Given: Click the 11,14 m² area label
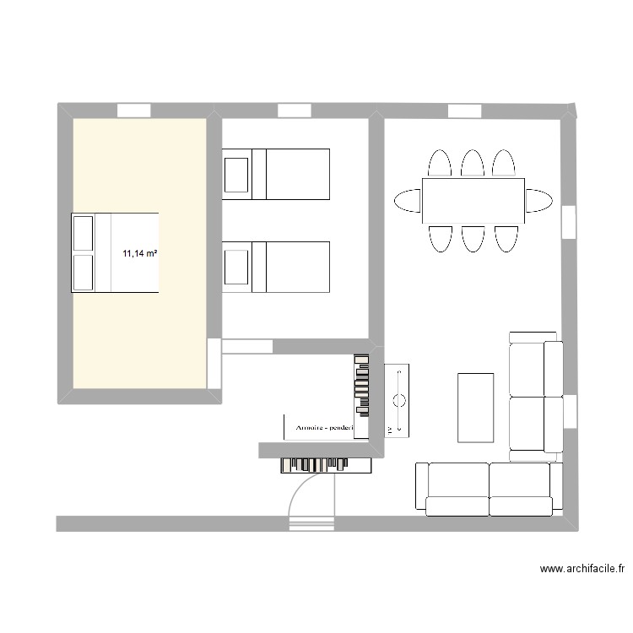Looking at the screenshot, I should (141, 252).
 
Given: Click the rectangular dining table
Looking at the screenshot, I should (473, 200).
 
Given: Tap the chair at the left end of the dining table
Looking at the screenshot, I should (407, 200).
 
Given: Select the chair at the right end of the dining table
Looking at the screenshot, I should (540, 200).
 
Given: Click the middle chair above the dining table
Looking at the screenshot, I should (473, 164).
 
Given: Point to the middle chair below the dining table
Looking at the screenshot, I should (473, 238).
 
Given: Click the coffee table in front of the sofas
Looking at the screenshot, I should (475, 407).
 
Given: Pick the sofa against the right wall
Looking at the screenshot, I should (536, 396).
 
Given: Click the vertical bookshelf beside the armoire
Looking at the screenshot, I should (362, 385).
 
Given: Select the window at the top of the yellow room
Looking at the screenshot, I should (133, 110).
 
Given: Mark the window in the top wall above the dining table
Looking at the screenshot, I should (464, 111).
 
